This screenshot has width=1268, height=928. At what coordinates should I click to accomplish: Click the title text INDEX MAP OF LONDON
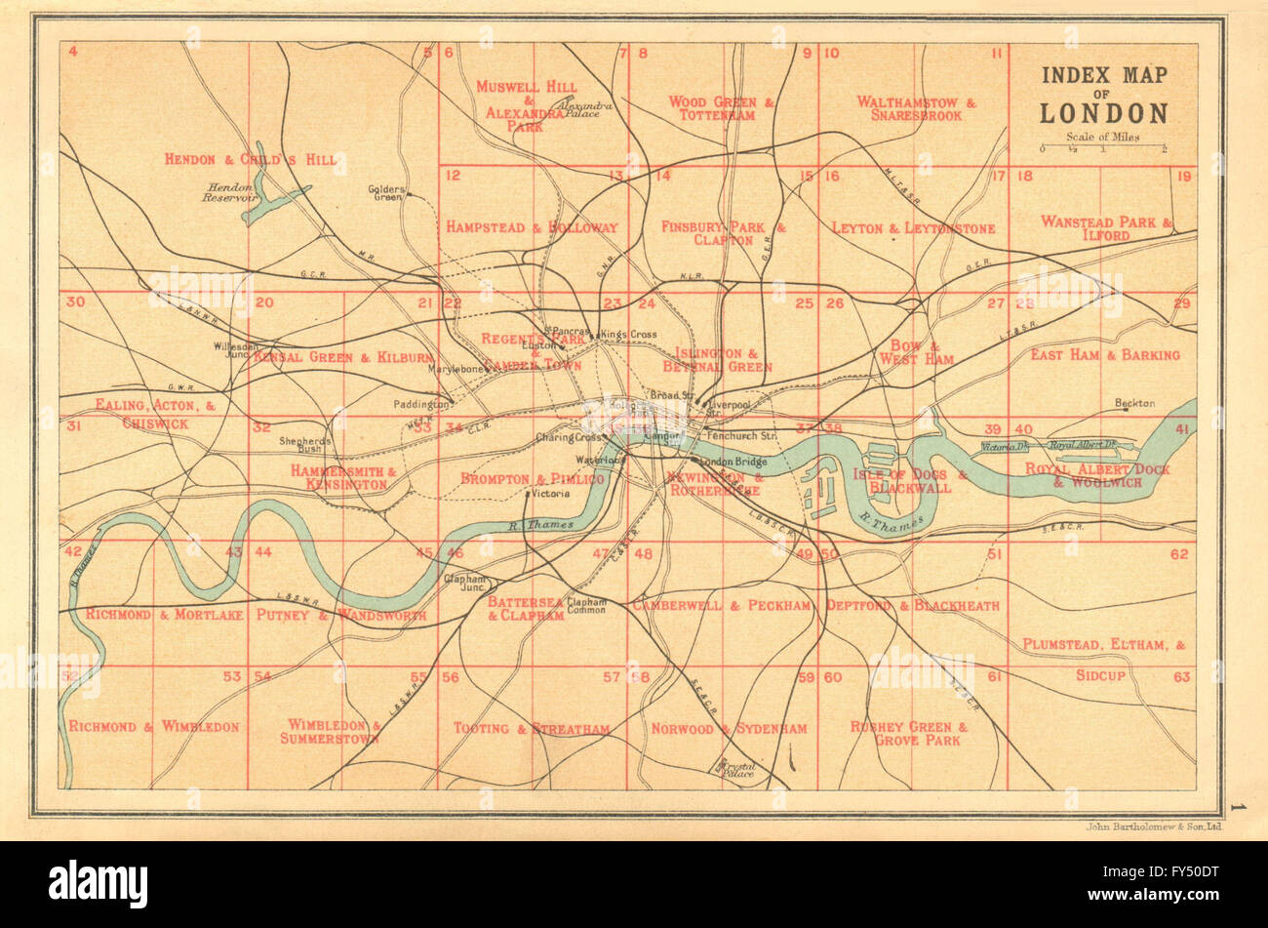click(1103, 95)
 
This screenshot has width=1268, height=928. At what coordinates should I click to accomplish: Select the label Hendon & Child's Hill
click(250, 159)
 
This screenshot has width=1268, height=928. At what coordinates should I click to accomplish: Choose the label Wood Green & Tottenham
click(721, 107)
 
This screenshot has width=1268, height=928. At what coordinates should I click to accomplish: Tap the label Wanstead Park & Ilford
click(1105, 228)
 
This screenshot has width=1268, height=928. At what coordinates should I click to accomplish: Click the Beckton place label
click(1135, 403)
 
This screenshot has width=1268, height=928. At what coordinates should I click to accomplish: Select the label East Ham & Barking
click(1104, 354)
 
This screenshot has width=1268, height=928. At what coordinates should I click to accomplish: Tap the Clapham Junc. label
click(464, 582)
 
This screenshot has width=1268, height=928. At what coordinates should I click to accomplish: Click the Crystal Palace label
click(737, 768)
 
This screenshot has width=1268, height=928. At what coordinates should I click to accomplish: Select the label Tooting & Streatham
click(531, 728)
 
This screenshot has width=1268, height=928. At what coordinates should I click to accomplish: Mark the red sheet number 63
click(1181, 675)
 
